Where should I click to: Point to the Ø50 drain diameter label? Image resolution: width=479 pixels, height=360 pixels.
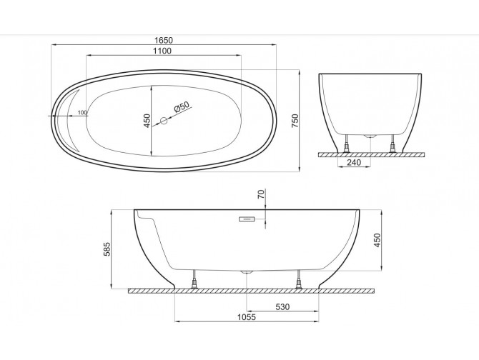click(182, 107)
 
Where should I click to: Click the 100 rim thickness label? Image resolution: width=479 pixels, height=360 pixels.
click(82, 113)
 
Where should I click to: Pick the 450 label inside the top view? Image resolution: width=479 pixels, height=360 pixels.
click(147, 121)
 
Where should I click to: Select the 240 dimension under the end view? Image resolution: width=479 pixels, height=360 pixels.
click(353, 161)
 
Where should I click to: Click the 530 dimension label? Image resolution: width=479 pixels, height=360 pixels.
click(282, 307)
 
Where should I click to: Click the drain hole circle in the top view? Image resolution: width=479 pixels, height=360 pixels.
click(163, 121)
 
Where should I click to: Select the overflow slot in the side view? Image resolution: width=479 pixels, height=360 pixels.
click(247, 219)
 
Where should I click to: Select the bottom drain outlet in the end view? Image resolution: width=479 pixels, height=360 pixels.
click(370, 134)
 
